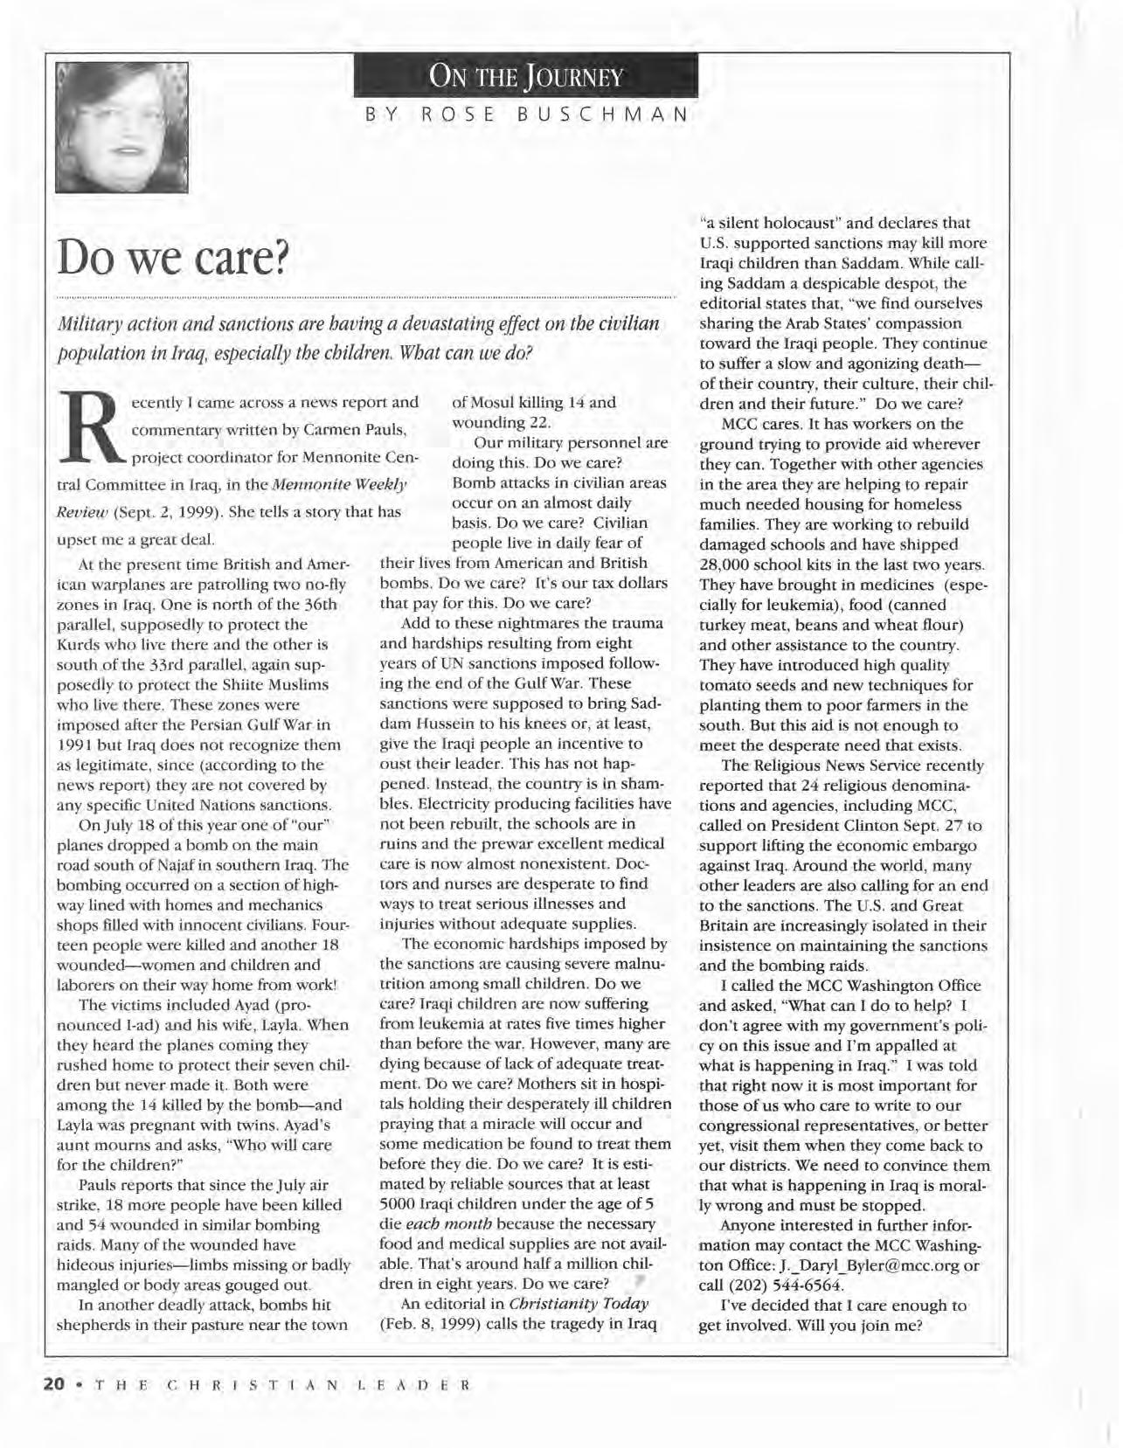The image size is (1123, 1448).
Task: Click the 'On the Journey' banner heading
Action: tap(525, 77)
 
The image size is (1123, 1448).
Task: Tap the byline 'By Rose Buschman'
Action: tap(526, 114)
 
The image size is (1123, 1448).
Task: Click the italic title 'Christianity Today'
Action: tap(578, 1304)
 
